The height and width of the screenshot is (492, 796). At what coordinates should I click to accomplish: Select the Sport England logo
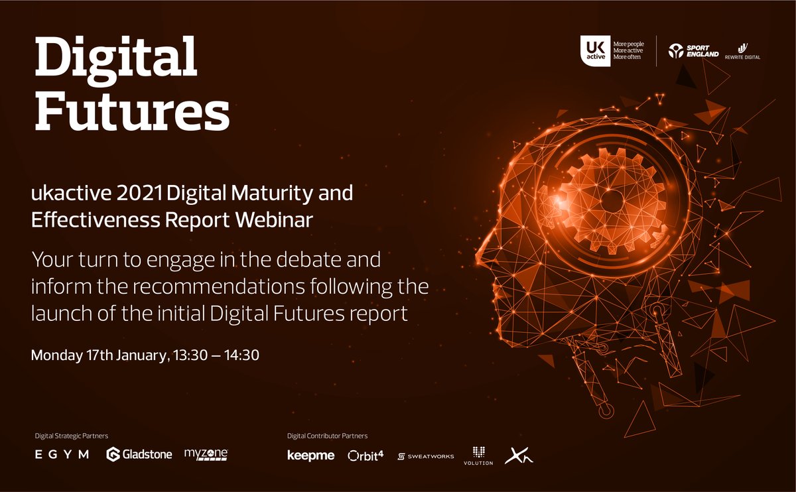693,50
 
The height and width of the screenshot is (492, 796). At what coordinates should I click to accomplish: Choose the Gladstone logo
139,454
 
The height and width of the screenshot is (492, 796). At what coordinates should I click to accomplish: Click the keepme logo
310,456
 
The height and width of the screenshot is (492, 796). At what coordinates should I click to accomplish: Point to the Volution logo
478,456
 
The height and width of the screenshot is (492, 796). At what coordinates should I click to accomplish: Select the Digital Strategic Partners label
71,436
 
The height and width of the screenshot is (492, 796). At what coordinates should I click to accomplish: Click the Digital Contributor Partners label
327,436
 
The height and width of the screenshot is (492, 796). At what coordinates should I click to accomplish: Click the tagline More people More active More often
628,50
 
